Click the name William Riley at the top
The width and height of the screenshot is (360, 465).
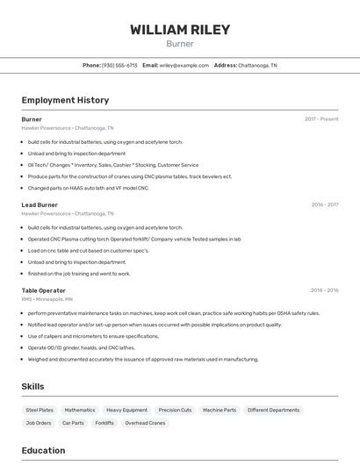[x=180, y=30]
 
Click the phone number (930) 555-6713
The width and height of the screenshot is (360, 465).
[x=119, y=65]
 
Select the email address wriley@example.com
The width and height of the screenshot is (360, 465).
[x=184, y=65]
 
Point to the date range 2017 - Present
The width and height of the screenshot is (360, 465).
[x=321, y=119]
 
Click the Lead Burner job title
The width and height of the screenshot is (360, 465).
[x=40, y=204]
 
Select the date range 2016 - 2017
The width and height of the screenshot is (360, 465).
[x=324, y=204]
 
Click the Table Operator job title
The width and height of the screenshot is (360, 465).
[x=43, y=290]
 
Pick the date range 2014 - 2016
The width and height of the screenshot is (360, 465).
[x=324, y=290]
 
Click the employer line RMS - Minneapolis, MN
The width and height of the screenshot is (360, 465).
[x=47, y=299]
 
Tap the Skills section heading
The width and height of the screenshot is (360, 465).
[x=32, y=386]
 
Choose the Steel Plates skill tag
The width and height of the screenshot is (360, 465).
[x=40, y=410]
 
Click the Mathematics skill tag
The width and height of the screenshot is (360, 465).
[x=80, y=410]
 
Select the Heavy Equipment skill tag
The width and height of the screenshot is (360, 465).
[x=126, y=410]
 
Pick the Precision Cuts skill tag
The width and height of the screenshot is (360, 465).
[x=175, y=410]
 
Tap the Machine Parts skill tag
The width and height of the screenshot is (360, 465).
[x=220, y=410]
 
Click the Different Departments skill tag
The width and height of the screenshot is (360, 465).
[x=273, y=410]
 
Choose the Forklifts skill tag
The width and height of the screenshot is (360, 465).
[x=104, y=423]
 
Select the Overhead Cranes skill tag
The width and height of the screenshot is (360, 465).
[x=145, y=423]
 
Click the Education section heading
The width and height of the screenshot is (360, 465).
[x=43, y=451]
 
